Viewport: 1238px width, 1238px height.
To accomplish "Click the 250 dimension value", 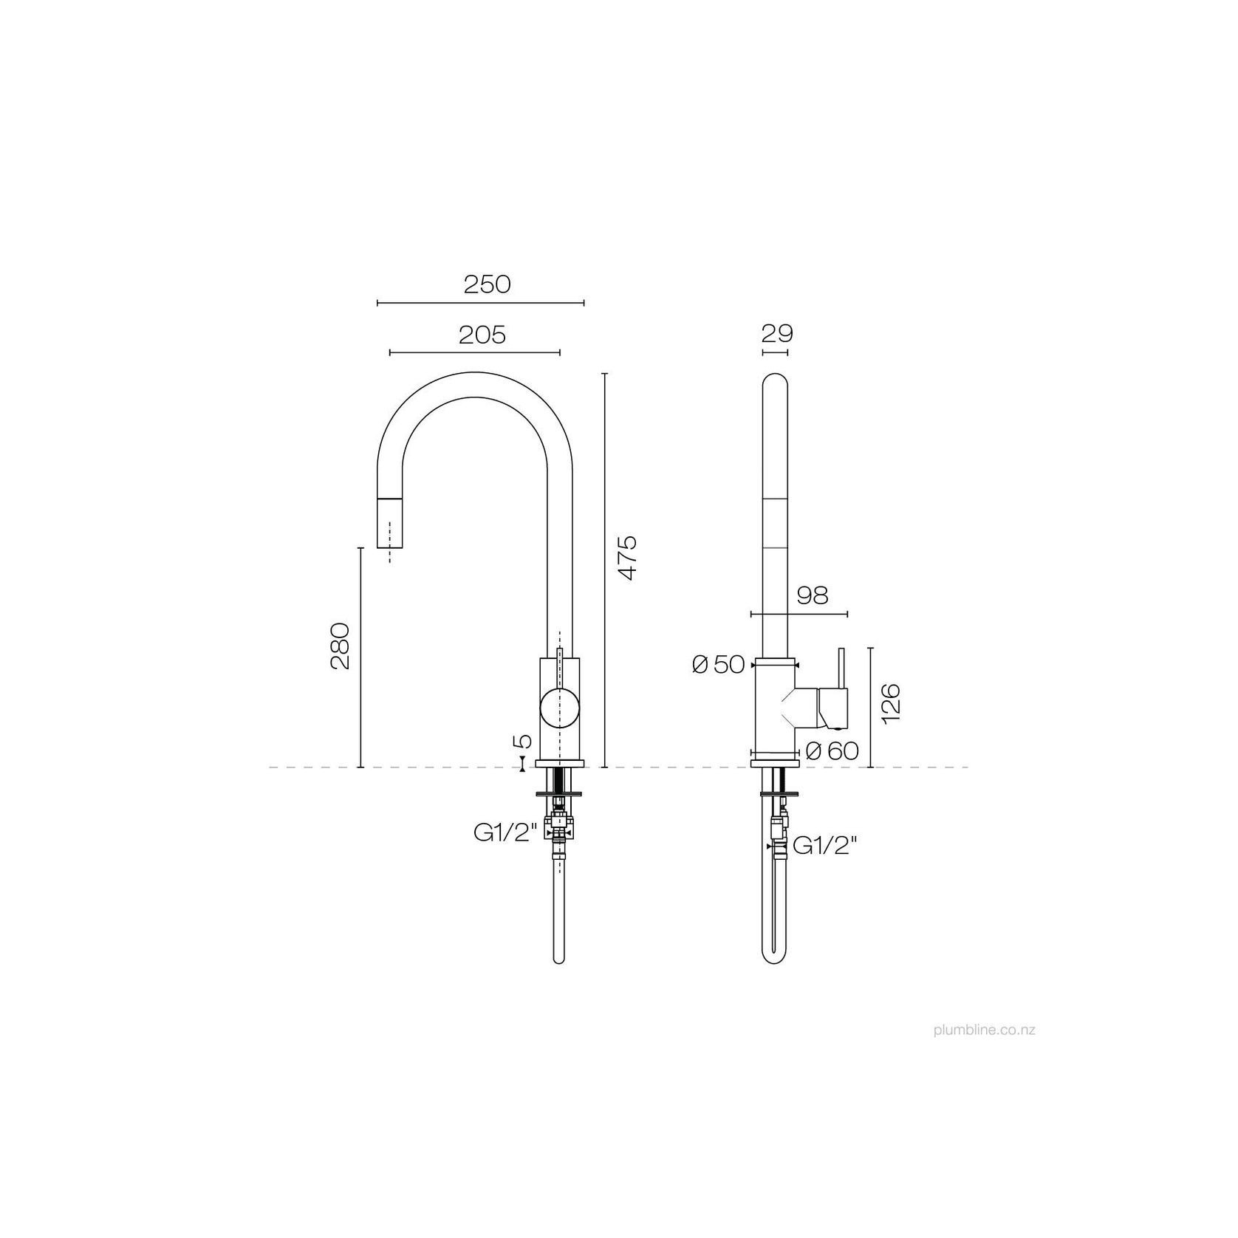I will (x=487, y=284).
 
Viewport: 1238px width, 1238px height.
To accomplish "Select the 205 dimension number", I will (x=482, y=335).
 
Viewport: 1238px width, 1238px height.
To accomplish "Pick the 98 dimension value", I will (x=813, y=595).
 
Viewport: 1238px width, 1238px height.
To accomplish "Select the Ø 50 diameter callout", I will (x=718, y=665).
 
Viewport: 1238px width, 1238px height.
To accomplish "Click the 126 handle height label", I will (x=892, y=704).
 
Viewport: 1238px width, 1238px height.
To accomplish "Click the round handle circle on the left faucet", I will (x=560, y=707).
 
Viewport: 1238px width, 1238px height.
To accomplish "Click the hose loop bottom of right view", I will (x=774, y=959).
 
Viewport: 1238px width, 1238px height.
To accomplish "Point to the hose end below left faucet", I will (x=559, y=959).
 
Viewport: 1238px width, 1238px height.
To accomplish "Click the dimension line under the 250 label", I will (x=480, y=302).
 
